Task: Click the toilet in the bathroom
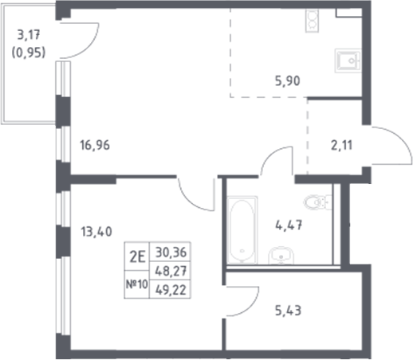coord(322,205)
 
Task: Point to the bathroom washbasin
coord(279,256)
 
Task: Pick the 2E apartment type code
coord(136,256)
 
